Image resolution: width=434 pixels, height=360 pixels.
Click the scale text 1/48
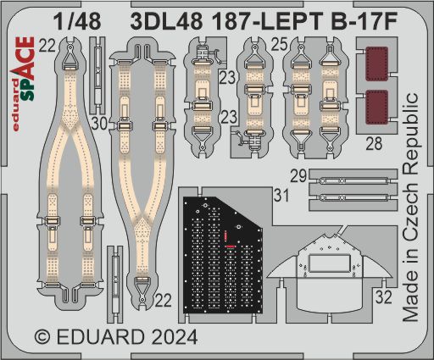pos(77,21)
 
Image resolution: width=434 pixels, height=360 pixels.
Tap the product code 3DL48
pos(166,21)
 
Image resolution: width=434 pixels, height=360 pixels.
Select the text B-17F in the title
pos(364,21)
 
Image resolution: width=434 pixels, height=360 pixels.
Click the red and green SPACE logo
pos(27,69)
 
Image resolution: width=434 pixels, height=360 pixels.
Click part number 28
pos(374,143)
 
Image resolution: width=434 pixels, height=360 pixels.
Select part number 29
pos(298,176)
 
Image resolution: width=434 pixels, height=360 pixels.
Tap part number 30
pos(99,124)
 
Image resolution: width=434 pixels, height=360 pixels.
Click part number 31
pos(281,196)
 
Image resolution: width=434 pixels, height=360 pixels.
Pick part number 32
pos(384,297)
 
